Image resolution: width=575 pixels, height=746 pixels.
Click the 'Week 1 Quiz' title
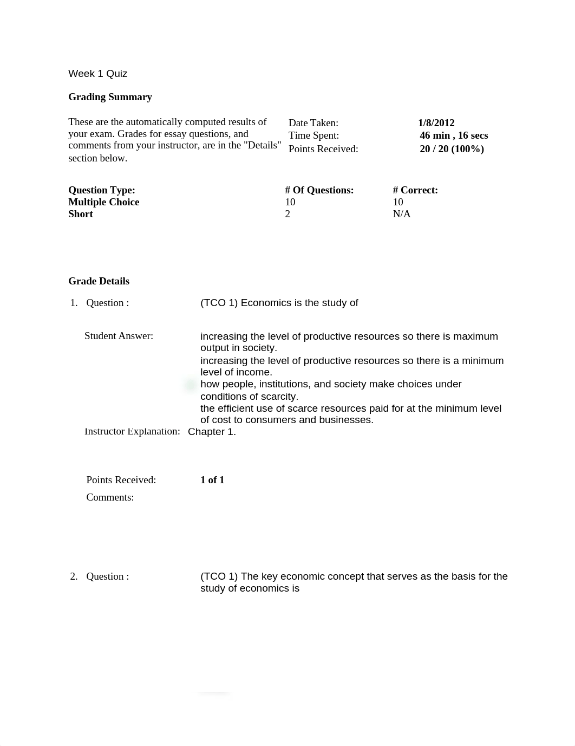click(x=97, y=74)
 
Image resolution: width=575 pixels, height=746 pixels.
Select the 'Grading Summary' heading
click(x=110, y=97)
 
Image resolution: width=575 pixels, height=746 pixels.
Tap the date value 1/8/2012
click(x=436, y=123)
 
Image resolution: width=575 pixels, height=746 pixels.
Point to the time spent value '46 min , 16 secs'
click(x=454, y=135)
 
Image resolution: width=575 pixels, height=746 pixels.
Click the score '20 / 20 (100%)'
click(x=452, y=149)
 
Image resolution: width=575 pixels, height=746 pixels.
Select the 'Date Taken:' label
click(x=313, y=123)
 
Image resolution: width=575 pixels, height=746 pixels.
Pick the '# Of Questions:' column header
click(x=319, y=190)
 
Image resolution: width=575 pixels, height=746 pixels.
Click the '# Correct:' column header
click(x=415, y=190)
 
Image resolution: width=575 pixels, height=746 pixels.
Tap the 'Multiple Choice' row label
click(x=103, y=202)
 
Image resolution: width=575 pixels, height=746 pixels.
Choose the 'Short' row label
click(x=80, y=214)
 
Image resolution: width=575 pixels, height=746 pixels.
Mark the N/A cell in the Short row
click(x=401, y=214)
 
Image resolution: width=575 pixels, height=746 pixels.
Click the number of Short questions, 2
click(x=287, y=214)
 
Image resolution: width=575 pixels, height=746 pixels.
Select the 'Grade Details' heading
click(x=99, y=281)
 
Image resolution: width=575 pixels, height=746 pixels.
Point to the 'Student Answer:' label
click(x=119, y=336)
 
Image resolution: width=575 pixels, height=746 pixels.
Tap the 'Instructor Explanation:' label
click(x=132, y=431)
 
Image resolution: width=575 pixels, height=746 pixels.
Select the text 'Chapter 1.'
click(x=212, y=432)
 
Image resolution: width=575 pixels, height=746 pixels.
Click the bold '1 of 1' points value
click(x=212, y=480)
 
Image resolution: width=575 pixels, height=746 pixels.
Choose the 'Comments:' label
click(x=110, y=497)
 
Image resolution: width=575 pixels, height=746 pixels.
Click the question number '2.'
click(x=74, y=576)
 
